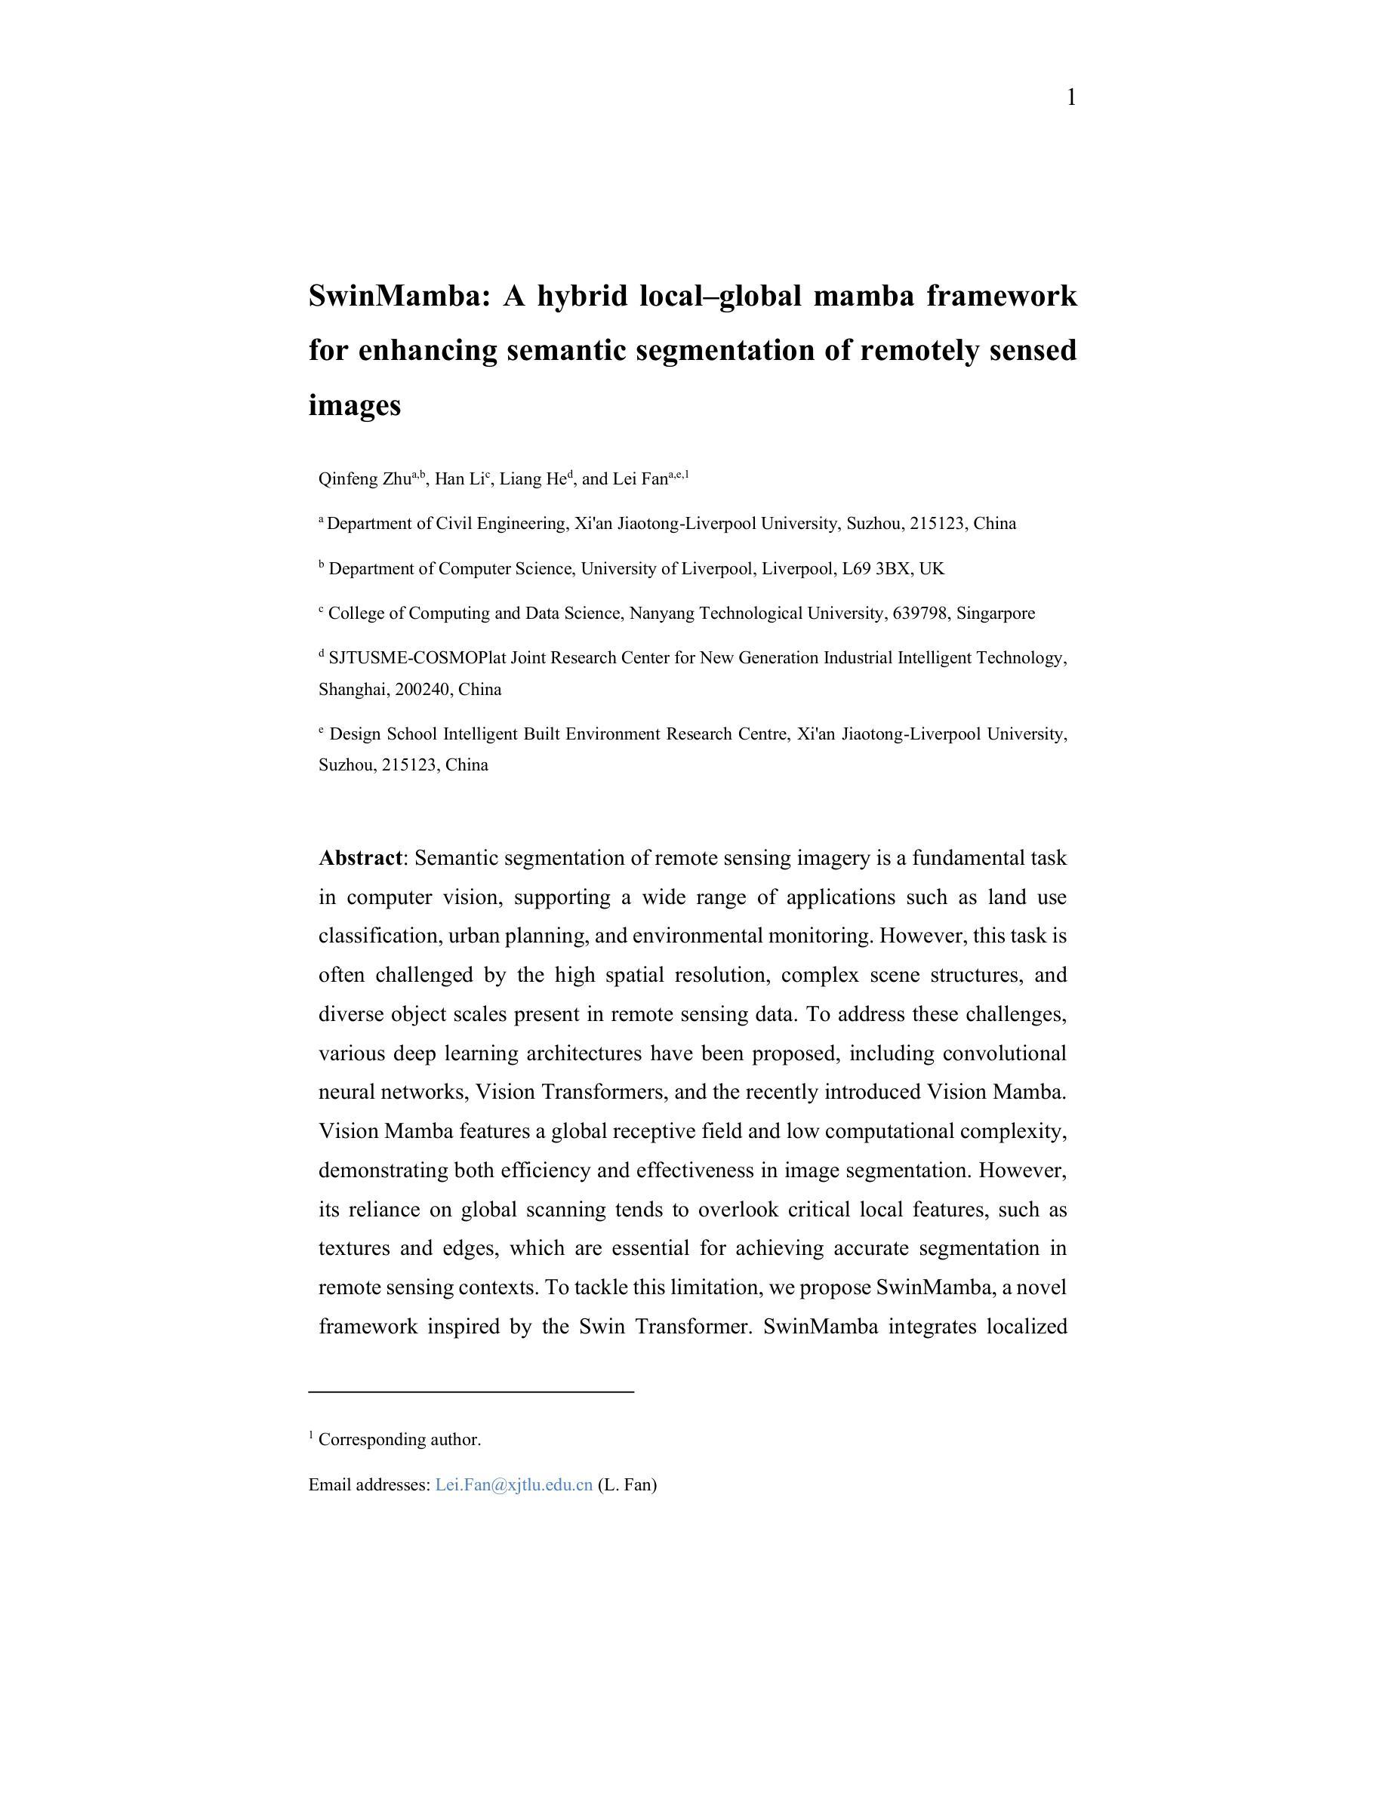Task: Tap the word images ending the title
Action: [355, 404]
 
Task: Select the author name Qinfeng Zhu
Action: [364, 479]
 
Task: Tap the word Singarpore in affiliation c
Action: [995, 614]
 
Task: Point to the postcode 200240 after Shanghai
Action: [422, 690]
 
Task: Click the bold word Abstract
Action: [360, 859]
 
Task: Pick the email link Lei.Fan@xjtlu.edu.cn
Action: [514, 1485]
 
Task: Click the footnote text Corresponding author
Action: [399, 1440]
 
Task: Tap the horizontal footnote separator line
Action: [471, 1392]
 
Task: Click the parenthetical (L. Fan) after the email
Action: [627, 1485]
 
